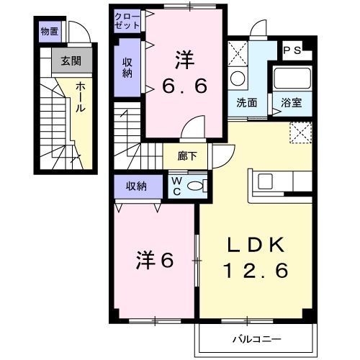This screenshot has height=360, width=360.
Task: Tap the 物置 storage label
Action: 50,31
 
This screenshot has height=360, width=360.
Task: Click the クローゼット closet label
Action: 127,19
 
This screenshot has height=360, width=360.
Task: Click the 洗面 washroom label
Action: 247,102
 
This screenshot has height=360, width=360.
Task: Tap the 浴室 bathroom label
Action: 292,102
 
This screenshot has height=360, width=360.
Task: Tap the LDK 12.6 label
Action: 256,257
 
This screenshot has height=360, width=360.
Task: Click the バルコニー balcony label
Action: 256,337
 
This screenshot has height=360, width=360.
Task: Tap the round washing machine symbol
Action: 236,78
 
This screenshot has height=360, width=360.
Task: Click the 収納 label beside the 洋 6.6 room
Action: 127,66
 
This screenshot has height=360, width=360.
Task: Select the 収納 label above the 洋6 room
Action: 137,186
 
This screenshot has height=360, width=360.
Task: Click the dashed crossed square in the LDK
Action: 300,132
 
